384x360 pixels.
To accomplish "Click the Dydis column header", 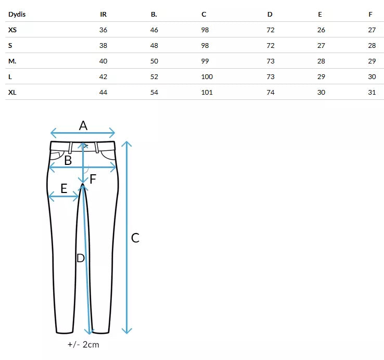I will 17,15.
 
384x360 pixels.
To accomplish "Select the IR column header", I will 103,15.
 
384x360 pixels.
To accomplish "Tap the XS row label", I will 12,30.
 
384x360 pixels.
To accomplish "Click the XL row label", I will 12,93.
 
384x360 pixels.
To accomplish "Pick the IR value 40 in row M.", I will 103,61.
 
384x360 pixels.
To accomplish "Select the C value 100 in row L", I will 207,77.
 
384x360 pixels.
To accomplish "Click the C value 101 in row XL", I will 207,93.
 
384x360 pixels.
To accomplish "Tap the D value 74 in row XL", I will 271,93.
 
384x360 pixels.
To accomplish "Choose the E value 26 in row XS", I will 321,30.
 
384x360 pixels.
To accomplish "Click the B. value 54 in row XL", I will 155,93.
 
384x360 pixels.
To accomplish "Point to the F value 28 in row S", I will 372,46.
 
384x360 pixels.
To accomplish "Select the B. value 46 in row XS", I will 155,30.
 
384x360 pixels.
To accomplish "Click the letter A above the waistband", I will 83,125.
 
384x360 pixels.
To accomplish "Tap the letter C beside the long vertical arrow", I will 135,238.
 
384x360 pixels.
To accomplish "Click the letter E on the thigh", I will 64,188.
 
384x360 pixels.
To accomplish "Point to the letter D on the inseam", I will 81,258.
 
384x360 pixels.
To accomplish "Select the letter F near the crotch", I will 93,179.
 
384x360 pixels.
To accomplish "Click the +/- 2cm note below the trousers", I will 83,344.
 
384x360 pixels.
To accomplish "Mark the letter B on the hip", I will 68,160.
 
